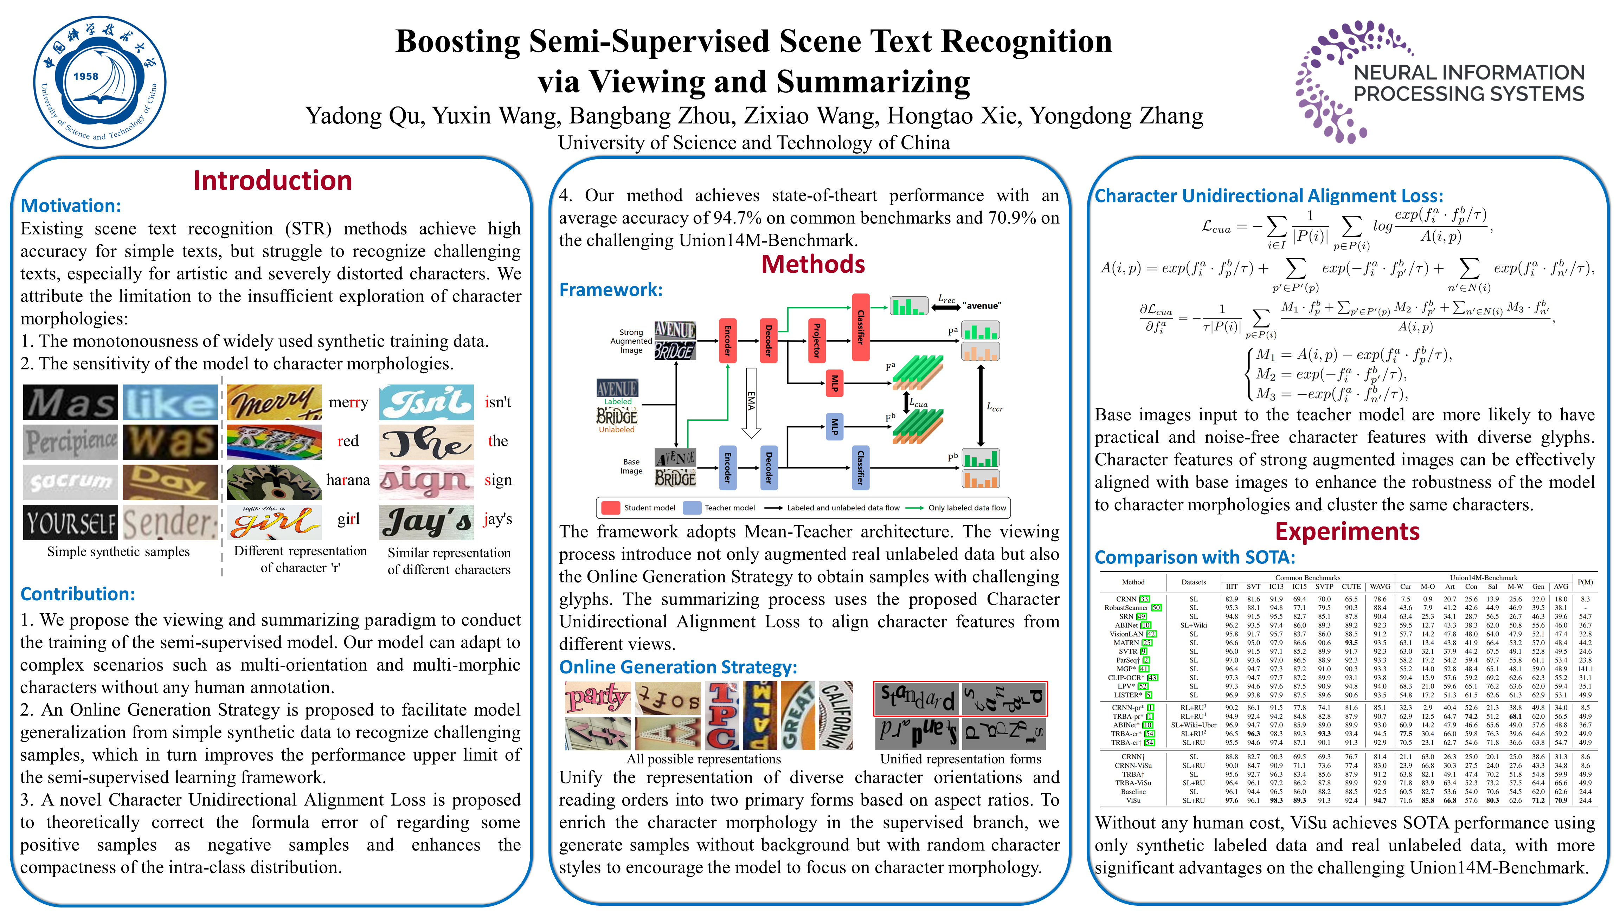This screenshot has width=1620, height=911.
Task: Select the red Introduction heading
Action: [272, 180]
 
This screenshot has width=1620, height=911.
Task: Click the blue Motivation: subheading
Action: [70, 206]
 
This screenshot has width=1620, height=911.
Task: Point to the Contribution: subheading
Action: [77, 594]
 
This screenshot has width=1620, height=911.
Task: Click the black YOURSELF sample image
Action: [70, 523]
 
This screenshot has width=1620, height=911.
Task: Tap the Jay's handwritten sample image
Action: [426, 523]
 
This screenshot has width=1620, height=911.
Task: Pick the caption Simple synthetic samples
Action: [118, 551]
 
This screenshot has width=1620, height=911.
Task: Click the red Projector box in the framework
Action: [816, 340]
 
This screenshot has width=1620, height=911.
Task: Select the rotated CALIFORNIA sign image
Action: [837, 716]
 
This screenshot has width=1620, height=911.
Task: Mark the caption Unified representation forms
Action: [960, 759]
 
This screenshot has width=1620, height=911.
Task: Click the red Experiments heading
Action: [1347, 532]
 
